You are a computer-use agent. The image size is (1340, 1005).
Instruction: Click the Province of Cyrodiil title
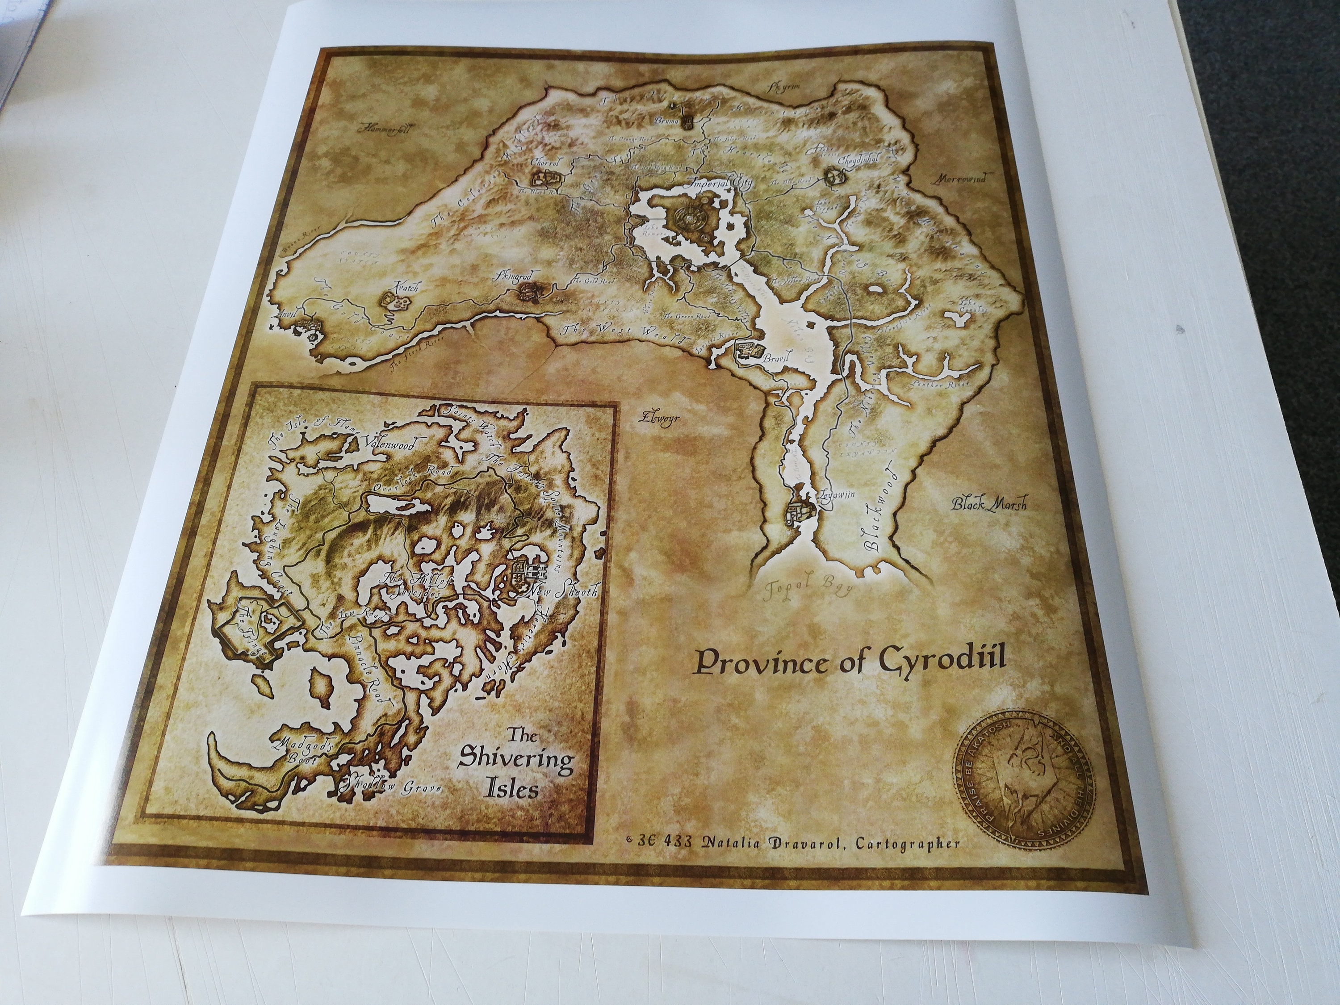tap(849, 662)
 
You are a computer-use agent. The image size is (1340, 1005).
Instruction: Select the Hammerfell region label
tap(383, 129)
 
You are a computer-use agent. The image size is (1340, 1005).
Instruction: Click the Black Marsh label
tap(988, 504)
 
